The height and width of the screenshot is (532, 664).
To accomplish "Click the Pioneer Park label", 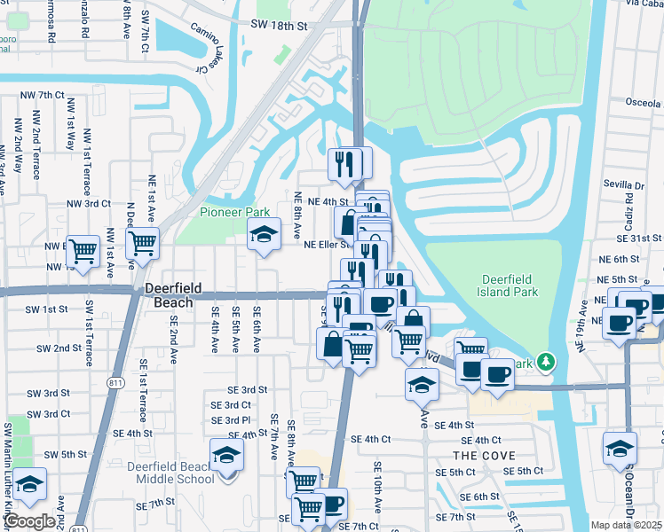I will click(x=234, y=213).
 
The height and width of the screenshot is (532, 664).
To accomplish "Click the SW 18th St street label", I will click(x=279, y=27).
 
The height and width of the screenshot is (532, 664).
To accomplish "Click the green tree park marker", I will click(x=545, y=362).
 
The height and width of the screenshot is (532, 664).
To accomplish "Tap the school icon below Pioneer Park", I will click(x=263, y=236).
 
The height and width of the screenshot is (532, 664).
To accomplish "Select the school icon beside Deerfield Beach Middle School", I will click(x=227, y=456).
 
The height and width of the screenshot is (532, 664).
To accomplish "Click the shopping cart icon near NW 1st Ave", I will click(x=142, y=243).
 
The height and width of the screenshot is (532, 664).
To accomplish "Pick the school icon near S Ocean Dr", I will click(x=620, y=449).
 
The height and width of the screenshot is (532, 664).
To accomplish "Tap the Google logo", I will click(x=29, y=521).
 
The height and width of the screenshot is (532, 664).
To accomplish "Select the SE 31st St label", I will click(x=641, y=239).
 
